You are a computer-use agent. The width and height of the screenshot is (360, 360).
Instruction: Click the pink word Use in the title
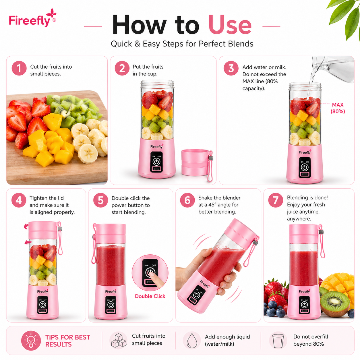pyautogui.click(x=230, y=25)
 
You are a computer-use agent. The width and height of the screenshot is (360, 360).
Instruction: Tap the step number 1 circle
pyautogui.click(x=19, y=68)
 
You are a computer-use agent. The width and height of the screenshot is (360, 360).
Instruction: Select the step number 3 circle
pyautogui.click(x=231, y=68)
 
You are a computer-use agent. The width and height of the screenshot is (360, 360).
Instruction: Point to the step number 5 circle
pyautogui.click(x=100, y=200)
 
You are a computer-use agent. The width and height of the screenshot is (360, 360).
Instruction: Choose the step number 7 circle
pyautogui.click(x=276, y=200)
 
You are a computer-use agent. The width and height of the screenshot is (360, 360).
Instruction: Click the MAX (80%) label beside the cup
pyautogui.click(x=338, y=108)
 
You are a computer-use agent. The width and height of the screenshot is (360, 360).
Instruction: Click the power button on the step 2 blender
pyautogui.click(x=156, y=162)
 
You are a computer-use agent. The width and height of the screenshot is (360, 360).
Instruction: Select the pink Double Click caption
pyautogui.click(x=150, y=296)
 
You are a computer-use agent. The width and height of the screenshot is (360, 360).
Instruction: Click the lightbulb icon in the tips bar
pyautogui.click(x=31, y=340)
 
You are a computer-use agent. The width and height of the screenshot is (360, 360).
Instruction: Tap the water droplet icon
pyautogui.click(x=192, y=340)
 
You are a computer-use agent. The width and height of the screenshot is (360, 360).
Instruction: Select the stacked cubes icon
pyautogui.click(x=119, y=340)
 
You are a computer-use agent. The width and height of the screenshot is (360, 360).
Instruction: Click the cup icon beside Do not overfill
pyautogui.click(x=278, y=341)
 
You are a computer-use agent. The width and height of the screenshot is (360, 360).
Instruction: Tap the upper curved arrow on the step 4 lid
pyautogui.click(x=26, y=227)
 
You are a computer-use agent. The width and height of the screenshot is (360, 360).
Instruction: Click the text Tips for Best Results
pyautogui.click(x=68, y=341)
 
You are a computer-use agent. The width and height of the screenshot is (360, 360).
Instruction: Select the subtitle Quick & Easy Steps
pyautogui.click(x=182, y=44)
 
